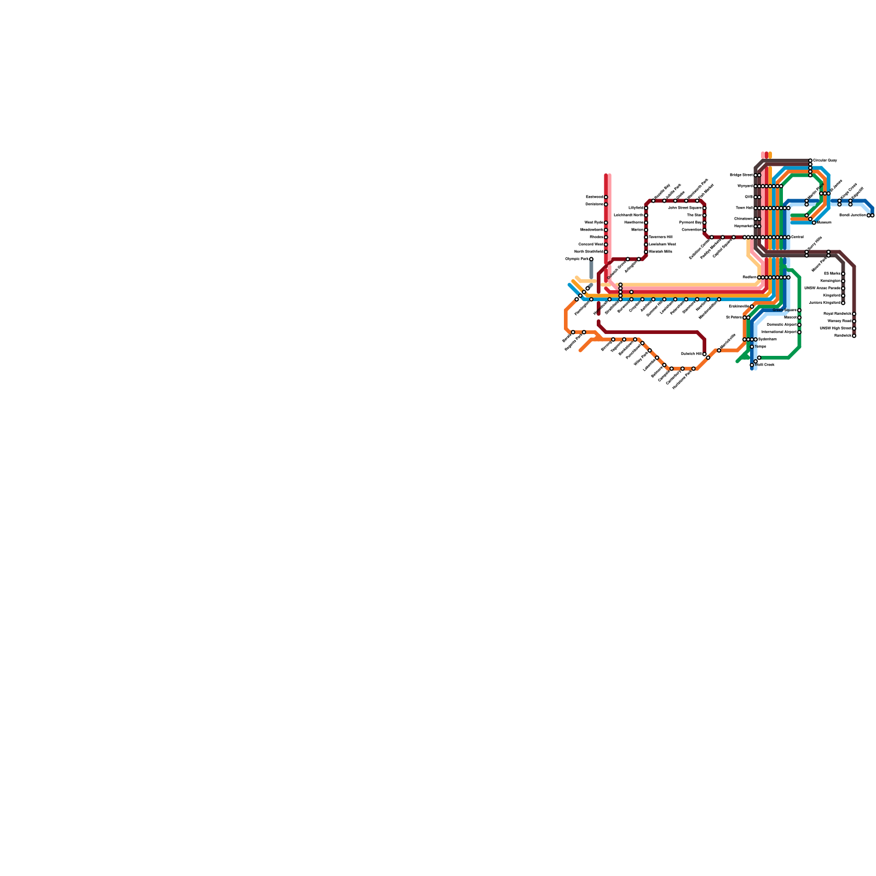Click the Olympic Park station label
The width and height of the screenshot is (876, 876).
point(577,259)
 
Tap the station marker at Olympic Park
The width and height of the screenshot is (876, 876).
point(591,259)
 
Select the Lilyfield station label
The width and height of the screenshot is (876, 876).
point(636,208)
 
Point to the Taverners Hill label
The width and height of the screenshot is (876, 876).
point(660,237)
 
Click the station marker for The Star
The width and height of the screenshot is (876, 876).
point(705,215)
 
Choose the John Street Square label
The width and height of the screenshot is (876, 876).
point(685,208)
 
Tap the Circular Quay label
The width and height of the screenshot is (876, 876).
point(825,160)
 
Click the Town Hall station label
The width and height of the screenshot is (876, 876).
point(744,208)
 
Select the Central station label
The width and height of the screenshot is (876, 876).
point(797,237)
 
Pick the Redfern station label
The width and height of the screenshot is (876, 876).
point(750,278)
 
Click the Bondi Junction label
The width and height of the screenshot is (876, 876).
point(853,215)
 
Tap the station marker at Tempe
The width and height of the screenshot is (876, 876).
point(752,347)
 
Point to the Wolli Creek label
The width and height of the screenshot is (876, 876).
point(765,365)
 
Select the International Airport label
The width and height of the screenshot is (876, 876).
point(779,332)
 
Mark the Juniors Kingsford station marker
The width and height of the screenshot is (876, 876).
point(843,303)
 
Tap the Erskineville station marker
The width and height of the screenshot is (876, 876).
point(752,307)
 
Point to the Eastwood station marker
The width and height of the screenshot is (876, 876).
point(606,197)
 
